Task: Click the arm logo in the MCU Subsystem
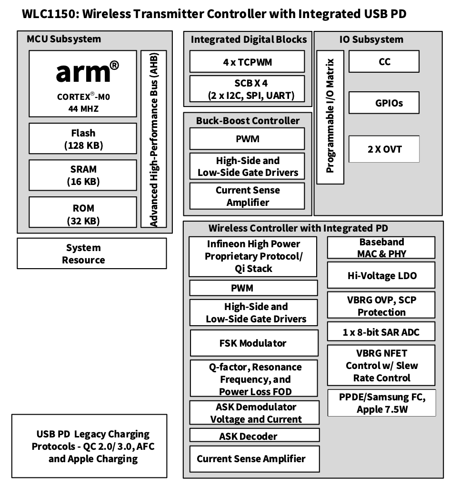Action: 87,72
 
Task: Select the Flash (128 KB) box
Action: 83,138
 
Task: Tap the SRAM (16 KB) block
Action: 83,175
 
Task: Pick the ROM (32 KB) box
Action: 83,212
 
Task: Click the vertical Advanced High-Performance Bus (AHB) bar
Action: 154,139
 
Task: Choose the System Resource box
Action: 92,253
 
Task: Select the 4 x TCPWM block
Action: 247,61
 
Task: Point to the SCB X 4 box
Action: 247,89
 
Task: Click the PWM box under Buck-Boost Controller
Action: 247,138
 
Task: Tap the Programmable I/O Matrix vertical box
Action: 330,117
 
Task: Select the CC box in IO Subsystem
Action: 384,61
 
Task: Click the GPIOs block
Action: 384,103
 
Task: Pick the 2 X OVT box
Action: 384,149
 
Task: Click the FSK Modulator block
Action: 254,343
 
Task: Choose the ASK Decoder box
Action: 254,435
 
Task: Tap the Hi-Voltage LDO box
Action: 381,275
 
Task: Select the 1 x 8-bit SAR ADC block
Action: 381,331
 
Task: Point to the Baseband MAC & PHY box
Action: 381,247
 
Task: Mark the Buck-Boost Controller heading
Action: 248,121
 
